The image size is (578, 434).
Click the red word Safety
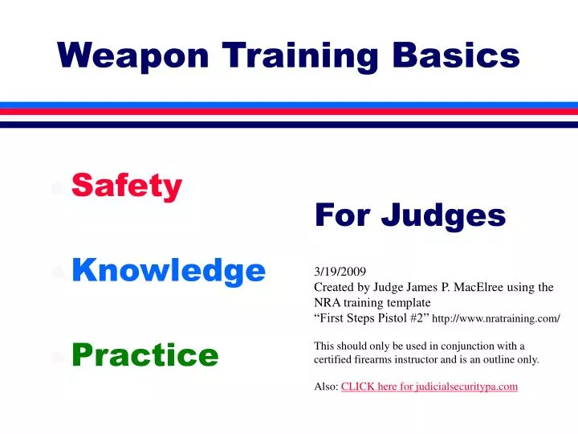(x=127, y=186)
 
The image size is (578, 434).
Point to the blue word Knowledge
(x=169, y=271)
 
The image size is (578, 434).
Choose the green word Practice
(x=144, y=354)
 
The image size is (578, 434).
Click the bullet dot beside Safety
(x=57, y=188)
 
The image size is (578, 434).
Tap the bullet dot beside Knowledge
(x=57, y=272)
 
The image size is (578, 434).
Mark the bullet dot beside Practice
(x=57, y=356)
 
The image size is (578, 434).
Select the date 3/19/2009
(x=340, y=272)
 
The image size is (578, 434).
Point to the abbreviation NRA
(x=327, y=303)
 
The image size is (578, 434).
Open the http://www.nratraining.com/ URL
(x=495, y=319)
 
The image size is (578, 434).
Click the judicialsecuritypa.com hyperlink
(x=429, y=387)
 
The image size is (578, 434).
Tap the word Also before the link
(x=325, y=387)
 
